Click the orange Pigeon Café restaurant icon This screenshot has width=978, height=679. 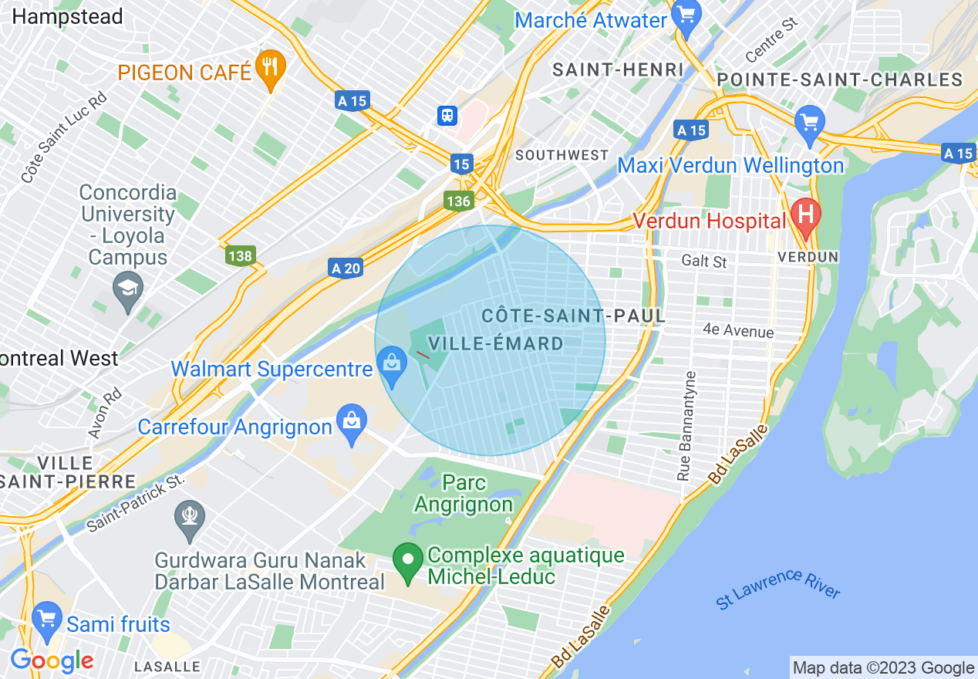270,66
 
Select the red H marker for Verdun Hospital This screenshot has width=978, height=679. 806,214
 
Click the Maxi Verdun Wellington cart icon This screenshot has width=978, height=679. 810,122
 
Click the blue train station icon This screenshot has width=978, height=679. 447,115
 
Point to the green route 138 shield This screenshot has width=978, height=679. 240,254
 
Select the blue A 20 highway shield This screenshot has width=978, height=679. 346,268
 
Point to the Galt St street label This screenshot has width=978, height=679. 704,262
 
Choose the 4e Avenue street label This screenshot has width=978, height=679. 738,330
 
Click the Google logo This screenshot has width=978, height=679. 52,660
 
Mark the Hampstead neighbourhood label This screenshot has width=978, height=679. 68,16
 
